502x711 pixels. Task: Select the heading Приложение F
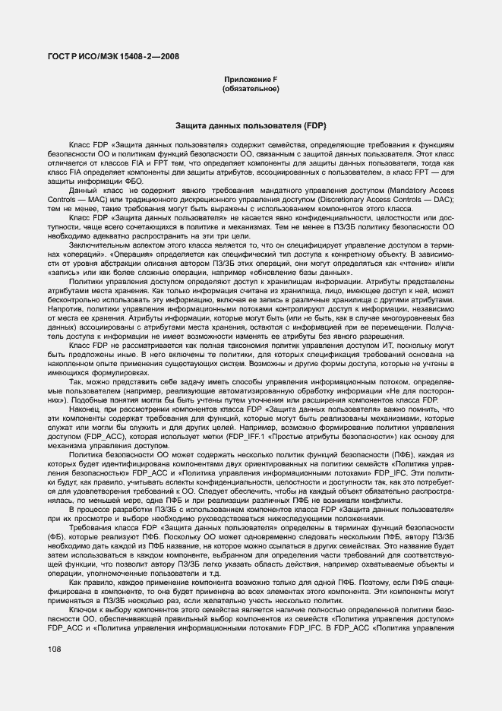pyautogui.click(x=251, y=80)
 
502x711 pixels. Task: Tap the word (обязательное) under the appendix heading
pyautogui.click(x=251, y=89)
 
